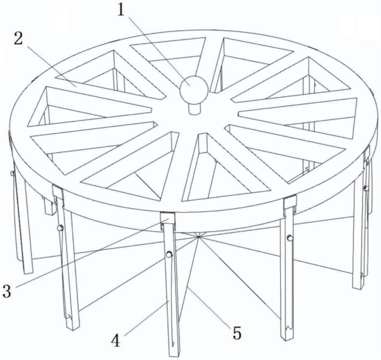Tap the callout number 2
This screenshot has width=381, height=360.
pos(18,39)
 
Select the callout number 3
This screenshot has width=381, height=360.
pos(7,291)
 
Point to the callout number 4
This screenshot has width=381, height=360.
pos(116,341)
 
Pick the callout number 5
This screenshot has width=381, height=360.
pos(237,333)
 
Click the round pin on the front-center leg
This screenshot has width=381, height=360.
pos(169,254)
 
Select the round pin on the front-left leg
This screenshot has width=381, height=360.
pos(60,228)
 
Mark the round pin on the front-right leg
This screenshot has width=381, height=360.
pos(290,237)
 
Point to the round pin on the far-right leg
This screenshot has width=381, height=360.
pos(366,188)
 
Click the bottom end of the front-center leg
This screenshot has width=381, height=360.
pos(174,354)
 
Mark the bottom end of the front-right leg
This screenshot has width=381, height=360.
pos(287,337)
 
